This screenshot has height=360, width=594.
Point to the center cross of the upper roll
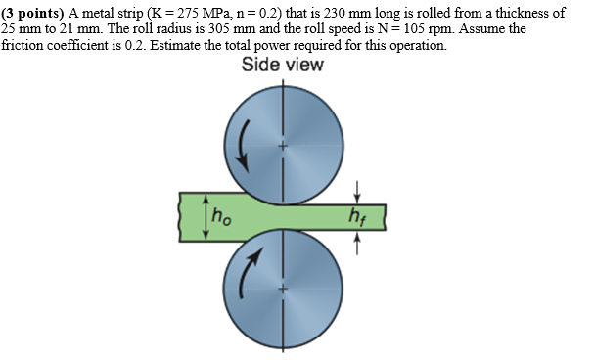(284, 146)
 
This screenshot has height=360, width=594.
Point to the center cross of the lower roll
(284, 290)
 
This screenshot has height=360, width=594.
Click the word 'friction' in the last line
(23, 45)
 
